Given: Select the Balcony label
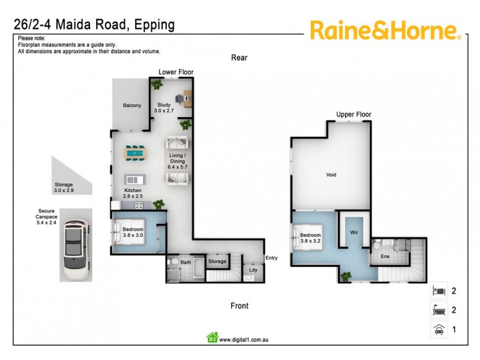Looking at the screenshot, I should pyautogui.click(x=132, y=106).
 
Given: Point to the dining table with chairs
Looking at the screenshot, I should pyautogui.click(x=135, y=154).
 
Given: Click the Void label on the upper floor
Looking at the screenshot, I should pyautogui.click(x=331, y=175).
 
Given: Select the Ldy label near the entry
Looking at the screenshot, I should pyautogui.click(x=253, y=269).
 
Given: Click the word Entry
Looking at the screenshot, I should pyautogui.click(x=271, y=259).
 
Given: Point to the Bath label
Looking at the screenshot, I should pyautogui.click(x=185, y=262).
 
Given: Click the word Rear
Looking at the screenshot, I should pyautogui.click(x=239, y=58).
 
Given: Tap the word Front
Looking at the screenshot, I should pyautogui.click(x=239, y=306).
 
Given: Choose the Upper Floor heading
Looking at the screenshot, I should pyautogui.click(x=353, y=115).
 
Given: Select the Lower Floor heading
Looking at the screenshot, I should pyautogui.click(x=176, y=72).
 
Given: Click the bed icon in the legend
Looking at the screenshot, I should pyautogui.click(x=438, y=291).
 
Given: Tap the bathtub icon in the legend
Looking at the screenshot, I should pyautogui.click(x=438, y=310).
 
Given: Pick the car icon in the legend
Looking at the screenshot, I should pyautogui.click(x=438, y=329).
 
